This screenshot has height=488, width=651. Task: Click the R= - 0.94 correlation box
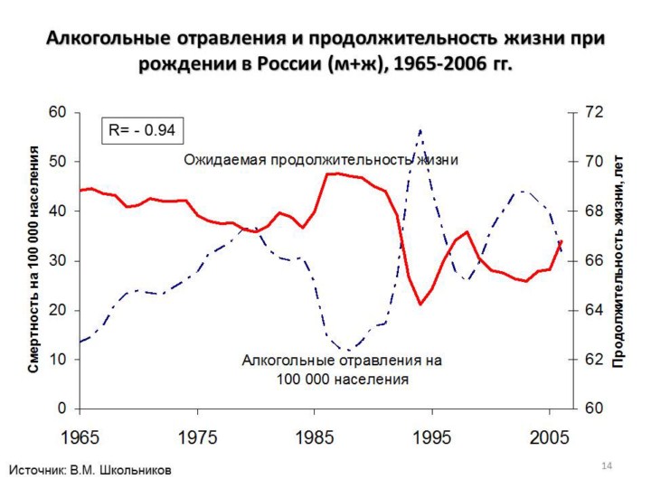(x=142, y=130)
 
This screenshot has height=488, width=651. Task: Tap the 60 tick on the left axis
(x=58, y=112)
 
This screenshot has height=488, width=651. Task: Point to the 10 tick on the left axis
(x=58, y=360)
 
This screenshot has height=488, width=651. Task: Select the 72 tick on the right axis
(x=592, y=112)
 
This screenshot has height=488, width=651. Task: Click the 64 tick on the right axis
(x=592, y=310)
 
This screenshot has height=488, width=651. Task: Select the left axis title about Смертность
(x=34, y=259)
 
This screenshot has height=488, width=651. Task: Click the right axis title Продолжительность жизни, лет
(x=618, y=260)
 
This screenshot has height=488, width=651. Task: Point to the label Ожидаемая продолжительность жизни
(x=321, y=160)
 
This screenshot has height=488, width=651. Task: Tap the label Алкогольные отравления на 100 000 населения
(x=342, y=370)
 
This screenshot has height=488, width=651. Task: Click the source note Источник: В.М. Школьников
(x=90, y=470)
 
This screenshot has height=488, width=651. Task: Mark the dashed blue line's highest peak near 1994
(x=420, y=131)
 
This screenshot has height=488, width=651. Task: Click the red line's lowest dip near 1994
(x=420, y=305)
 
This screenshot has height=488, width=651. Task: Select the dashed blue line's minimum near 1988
(x=348, y=350)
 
